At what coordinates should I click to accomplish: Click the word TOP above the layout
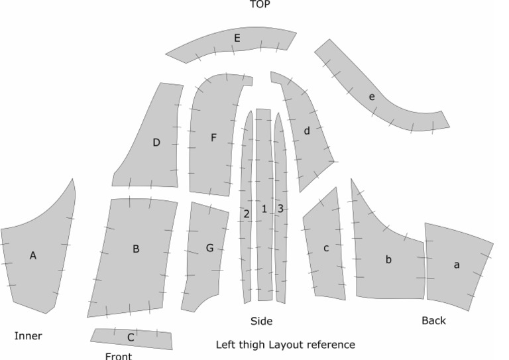point(260,5)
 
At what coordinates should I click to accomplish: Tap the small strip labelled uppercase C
point(131,337)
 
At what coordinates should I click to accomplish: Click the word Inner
point(28,336)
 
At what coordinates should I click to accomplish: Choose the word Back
point(433,321)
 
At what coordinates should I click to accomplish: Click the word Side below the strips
point(261,322)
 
